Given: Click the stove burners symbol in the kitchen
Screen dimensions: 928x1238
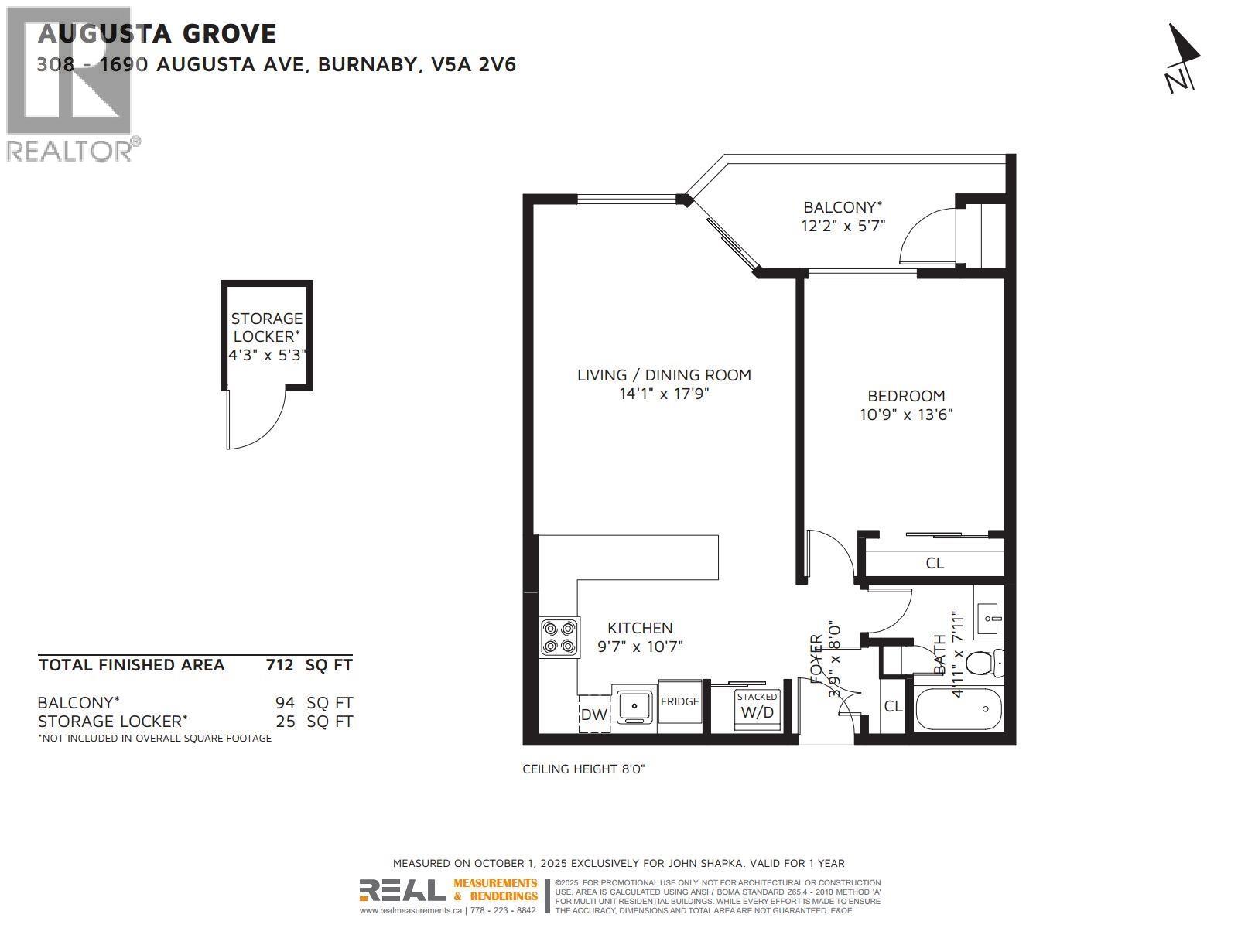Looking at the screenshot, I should point(559,637).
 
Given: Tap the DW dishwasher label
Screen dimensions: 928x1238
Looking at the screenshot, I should point(593,715).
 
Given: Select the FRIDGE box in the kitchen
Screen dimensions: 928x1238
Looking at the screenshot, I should point(679,701).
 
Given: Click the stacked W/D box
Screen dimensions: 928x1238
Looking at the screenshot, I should point(757,707).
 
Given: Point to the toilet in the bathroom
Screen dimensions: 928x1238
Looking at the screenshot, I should point(984,663).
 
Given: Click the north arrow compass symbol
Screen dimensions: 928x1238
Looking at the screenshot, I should point(1182,59).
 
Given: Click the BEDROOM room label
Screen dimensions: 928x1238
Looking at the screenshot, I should point(906,395).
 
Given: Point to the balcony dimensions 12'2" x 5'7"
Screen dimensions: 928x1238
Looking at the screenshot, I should point(843,226).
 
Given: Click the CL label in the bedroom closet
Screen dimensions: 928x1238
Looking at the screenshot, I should point(935,563).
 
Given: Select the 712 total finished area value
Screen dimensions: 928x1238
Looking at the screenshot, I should point(279,665).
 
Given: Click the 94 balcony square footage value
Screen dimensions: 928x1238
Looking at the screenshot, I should point(285,703).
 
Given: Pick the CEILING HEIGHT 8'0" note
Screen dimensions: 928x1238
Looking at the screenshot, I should point(583,769).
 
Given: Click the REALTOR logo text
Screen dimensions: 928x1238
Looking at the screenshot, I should point(70,150).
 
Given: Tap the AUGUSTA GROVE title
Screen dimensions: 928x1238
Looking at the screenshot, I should point(157,33).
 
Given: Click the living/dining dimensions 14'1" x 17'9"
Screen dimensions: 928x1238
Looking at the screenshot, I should point(664,394).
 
